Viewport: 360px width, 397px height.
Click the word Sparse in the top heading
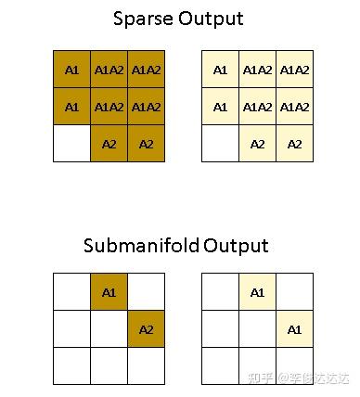(142, 18)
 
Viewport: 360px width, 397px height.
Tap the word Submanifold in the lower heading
(139, 246)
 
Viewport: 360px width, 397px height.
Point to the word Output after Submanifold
(236, 246)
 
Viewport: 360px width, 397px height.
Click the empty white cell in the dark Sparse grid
(71, 144)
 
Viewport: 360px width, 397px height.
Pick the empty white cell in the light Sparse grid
(220, 144)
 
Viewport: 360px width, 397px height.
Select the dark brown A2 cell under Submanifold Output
(146, 329)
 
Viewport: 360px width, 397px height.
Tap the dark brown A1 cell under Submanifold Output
(109, 292)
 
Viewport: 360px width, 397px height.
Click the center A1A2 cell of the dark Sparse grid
(109, 107)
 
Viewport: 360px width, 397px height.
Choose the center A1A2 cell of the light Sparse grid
(257, 107)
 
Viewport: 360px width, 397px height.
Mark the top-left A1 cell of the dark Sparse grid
(71, 70)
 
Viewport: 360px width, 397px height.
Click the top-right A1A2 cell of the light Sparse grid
(294, 70)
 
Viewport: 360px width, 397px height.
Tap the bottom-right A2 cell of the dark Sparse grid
(146, 144)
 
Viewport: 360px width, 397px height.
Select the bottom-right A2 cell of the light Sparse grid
(294, 144)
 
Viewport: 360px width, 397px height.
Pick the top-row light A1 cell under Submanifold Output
(257, 292)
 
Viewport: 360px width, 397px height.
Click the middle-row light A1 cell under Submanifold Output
(294, 329)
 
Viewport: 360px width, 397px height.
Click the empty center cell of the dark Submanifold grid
(109, 329)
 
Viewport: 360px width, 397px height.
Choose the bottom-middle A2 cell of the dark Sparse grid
(109, 144)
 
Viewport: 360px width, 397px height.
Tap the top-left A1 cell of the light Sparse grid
(220, 70)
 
